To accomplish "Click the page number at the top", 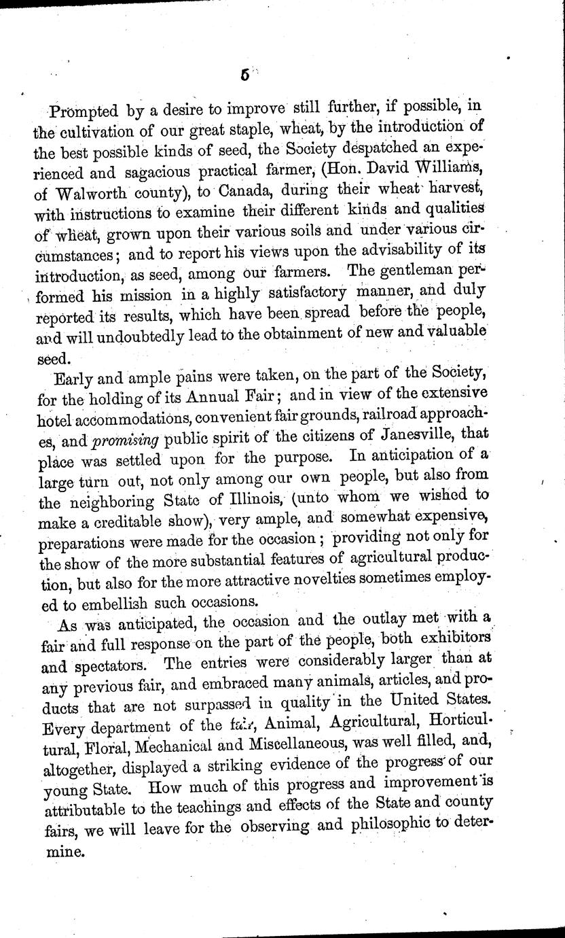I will coord(245,76).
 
